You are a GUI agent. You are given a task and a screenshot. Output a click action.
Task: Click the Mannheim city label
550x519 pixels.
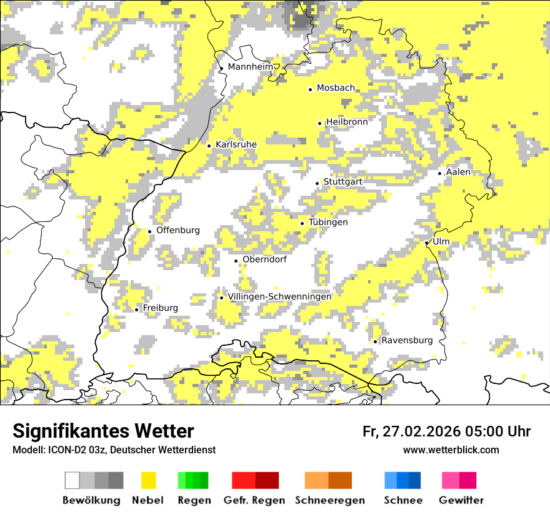click(251, 67)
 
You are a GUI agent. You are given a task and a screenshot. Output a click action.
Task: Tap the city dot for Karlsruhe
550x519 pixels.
click(209, 146)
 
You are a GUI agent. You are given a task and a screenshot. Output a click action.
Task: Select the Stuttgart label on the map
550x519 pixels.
click(342, 181)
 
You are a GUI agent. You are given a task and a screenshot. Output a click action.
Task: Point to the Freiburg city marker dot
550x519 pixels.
click(136, 310)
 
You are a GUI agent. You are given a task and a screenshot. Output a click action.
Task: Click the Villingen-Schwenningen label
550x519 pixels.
click(279, 296)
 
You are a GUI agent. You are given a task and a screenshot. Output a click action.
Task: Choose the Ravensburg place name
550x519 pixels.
click(407, 340)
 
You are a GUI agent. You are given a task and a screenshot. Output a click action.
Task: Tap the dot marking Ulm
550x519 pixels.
click(426, 243)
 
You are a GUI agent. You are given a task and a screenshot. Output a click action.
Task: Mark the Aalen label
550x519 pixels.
click(458, 172)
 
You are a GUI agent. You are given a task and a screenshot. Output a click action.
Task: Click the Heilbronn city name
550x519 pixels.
click(347, 121)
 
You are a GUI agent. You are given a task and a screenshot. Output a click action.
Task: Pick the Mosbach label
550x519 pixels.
click(336, 88)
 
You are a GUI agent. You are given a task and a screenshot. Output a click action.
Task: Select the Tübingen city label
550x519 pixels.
click(328, 222)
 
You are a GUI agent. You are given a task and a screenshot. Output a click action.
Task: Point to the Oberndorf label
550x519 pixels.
click(264, 259)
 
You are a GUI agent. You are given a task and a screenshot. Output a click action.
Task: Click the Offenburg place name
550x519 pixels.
click(178, 230)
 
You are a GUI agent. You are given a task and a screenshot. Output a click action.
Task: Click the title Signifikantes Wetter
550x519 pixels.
click(103, 431)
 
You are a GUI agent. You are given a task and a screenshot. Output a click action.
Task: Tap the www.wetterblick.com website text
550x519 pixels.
click(451, 450)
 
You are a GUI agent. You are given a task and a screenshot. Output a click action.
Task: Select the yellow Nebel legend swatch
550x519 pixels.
click(148, 480)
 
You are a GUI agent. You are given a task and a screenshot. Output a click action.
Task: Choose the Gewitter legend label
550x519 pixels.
click(461, 500)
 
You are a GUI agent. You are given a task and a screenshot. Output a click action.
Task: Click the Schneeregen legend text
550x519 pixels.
click(329, 500)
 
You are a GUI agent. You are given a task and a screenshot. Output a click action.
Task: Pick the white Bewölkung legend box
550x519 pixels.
click(72, 480)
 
